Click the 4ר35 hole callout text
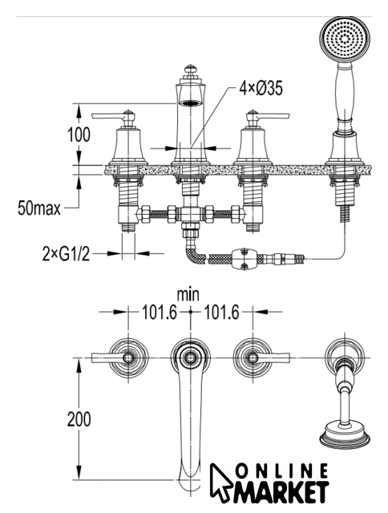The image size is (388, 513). point(261,88)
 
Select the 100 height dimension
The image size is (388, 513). point(79,135)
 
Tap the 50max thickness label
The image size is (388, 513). point(39,208)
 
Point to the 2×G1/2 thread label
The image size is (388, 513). point(66,253)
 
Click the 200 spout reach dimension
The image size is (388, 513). point(79,419)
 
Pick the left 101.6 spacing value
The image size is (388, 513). point(159,312)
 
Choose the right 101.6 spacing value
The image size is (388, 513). point(222,312)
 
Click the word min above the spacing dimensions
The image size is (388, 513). point(188,294)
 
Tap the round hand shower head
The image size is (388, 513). point(345,39)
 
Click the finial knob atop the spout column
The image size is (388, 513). point(191,70)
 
